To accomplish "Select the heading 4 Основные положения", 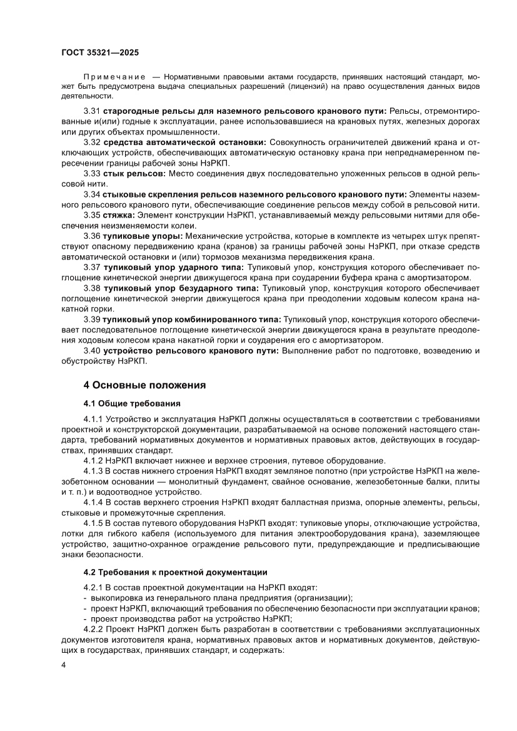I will tap(144, 385).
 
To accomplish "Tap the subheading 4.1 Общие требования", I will tap(133, 403).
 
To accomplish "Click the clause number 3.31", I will tap(92, 111).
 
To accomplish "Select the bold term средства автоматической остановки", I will tap(185, 143).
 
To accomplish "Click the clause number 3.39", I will tap(92, 320).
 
